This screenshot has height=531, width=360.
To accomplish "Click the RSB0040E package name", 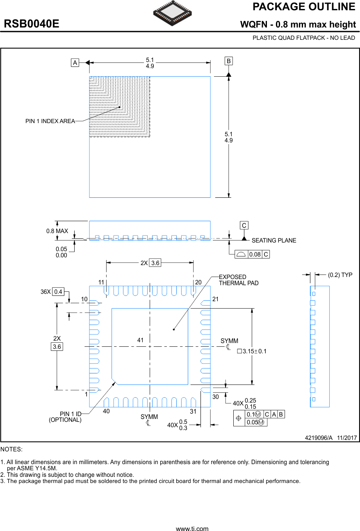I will pos(32,24).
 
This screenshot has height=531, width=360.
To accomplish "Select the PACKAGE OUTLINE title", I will pos(303,7).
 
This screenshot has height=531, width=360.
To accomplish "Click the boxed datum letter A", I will pos(75,63).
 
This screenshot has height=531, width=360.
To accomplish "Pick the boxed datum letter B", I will pos(228,61).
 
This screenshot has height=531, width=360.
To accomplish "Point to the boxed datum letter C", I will pos(244,225).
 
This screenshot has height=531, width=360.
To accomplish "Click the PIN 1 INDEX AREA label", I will pos(50,121).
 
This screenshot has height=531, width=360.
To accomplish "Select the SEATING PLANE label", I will pos(273,240).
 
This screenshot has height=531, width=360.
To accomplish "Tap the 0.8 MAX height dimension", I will pos(57,231).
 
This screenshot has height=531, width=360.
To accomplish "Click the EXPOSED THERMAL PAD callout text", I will pos(238,280).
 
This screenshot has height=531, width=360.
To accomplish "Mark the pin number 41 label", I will pos(141,340).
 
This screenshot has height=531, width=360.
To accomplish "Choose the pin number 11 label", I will pos(101,282).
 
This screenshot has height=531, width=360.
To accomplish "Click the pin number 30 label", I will pos(216,397).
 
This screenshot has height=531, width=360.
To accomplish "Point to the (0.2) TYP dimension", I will pos(340,275).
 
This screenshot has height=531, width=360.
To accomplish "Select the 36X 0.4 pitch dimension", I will pos(52,292).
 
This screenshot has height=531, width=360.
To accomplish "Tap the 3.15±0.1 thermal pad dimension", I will pos(252,351).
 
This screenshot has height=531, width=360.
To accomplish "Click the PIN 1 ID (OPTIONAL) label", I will pos(66,417).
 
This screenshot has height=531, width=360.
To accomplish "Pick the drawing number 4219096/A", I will pos(318,438).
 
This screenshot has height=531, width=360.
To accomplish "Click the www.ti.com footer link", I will pos(192,529).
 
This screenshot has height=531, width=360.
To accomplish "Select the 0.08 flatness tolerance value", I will pos(255,254).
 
